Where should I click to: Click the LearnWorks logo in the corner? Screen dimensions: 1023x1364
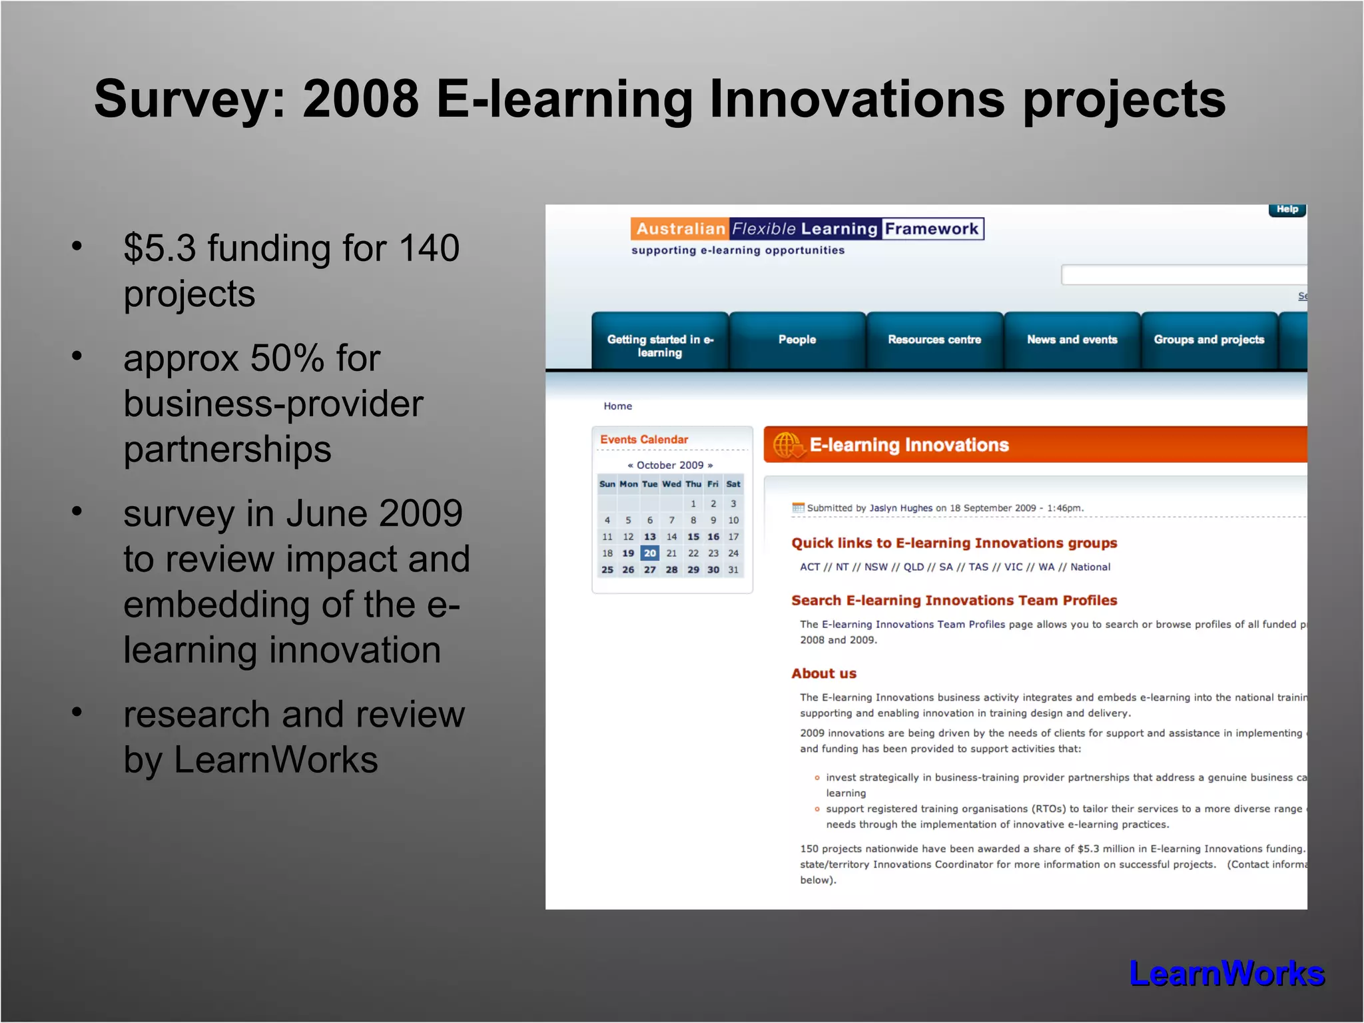pos(1227,974)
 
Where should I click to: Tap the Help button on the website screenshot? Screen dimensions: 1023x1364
pos(1287,210)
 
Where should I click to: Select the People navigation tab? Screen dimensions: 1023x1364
pos(797,340)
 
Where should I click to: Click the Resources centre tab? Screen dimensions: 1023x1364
pos(934,340)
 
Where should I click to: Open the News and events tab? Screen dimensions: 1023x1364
pos(1072,340)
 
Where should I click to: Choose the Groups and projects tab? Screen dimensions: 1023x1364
pos(1209,340)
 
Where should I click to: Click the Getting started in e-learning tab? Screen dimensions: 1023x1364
pos(659,346)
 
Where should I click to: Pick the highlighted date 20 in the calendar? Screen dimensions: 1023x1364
pos(650,553)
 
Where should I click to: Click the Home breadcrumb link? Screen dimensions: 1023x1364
pos(617,406)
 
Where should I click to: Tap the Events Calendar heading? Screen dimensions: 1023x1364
pos(644,440)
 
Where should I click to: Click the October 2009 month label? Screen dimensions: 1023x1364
pos(670,465)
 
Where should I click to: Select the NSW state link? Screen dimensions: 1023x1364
pos(876,567)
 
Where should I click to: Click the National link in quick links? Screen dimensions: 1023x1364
pos(1090,567)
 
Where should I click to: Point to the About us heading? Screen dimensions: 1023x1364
pos(824,673)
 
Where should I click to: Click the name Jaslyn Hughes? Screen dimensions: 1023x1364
pos(900,508)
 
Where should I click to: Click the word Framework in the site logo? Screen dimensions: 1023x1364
pos(931,229)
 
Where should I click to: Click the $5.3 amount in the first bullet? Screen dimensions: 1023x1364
pos(160,248)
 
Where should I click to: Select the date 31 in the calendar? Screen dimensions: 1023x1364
pos(733,569)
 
